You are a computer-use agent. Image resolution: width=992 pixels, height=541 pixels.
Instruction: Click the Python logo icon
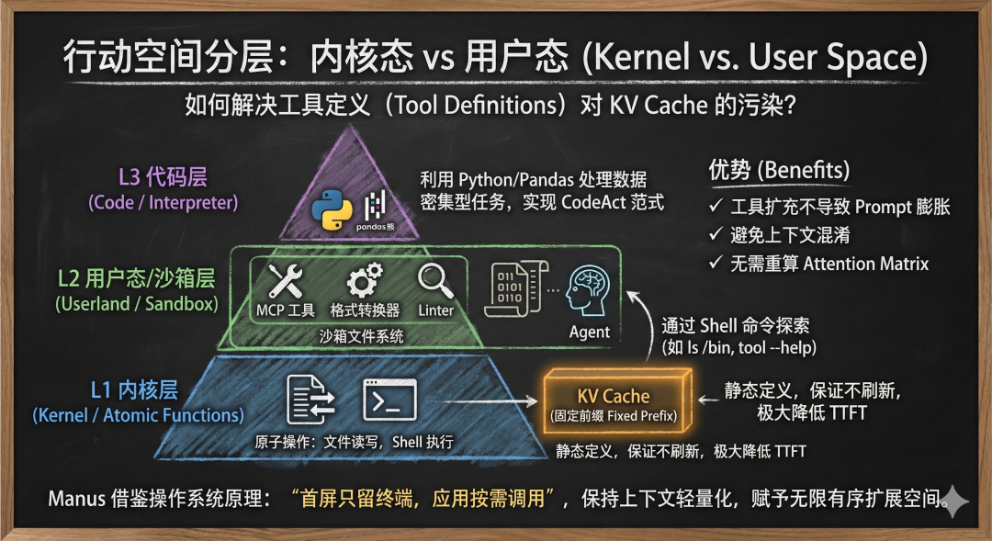coord(332,209)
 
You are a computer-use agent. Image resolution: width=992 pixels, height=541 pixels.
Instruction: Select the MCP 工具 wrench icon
coord(285,279)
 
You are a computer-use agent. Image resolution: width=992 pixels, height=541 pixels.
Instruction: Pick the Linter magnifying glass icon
coord(434,279)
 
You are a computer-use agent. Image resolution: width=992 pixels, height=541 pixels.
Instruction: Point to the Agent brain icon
coord(589,290)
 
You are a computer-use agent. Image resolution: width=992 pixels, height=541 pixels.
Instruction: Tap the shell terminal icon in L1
coord(390,400)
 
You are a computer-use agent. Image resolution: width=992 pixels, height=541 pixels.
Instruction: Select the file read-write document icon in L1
coord(310,400)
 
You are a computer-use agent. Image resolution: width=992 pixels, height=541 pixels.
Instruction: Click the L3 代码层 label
coord(163,177)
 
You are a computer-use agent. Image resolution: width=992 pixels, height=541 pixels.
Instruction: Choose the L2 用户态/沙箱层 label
coord(136,277)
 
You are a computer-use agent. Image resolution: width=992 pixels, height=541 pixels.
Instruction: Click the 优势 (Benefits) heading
coord(779,170)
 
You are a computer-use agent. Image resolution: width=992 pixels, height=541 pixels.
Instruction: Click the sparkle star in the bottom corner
coord(957,500)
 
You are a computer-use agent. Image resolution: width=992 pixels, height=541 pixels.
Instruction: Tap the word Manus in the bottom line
coord(78,501)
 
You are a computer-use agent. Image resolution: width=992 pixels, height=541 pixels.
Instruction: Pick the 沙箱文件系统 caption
coord(361,337)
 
